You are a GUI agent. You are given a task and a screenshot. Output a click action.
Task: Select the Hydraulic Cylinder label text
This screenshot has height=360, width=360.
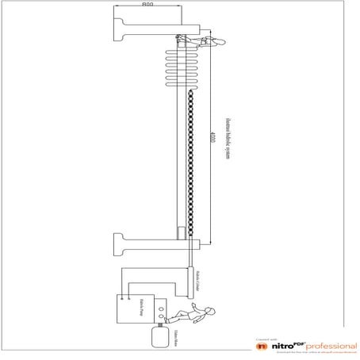197,280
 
